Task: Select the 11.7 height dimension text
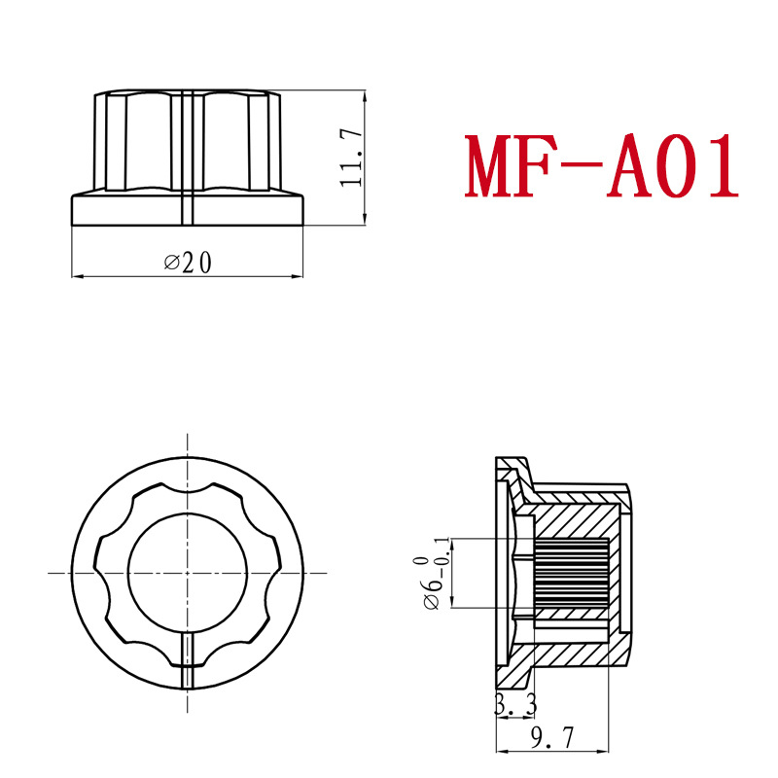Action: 351,157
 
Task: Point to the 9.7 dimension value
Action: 553,740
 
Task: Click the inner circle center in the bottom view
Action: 184,574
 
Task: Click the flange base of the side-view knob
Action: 126,209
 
